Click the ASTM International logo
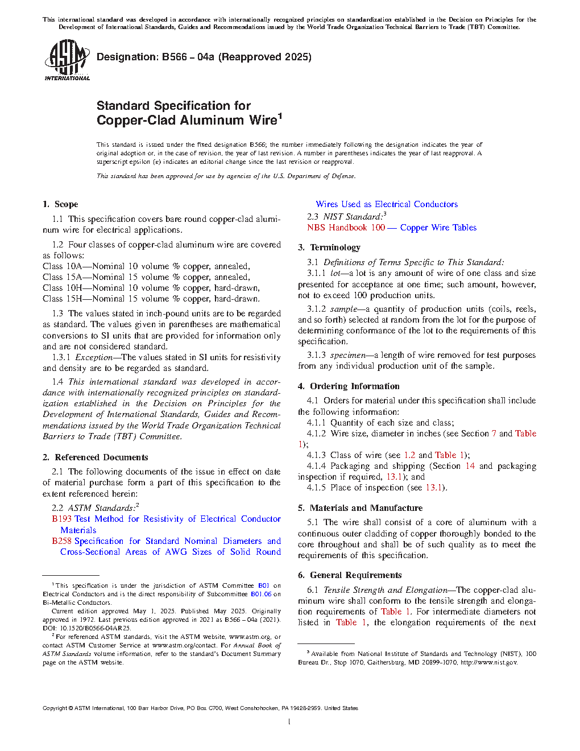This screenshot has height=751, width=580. (x=67, y=60)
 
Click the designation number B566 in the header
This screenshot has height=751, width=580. (x=174, y=57)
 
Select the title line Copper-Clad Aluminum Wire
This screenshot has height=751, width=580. (x=187, y=120)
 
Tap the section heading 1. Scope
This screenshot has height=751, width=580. (x=60, y=204)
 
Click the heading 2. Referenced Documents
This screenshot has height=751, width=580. (x=95, y=457)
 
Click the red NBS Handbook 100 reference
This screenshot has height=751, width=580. (x=346, y=228)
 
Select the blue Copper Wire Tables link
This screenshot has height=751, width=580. (x=438, y=228)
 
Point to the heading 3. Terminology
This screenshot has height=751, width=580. (x=329, y=247)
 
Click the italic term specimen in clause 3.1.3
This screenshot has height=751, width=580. (x=347, y=355)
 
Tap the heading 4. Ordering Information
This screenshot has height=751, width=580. (x=349, y=386)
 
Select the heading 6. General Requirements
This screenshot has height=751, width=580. (x=350, y=575)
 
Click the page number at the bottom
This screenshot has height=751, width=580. (x=289, y=722)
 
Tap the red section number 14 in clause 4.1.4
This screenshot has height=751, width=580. (x=470, y=466)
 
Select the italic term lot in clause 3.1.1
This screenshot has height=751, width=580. (x=335, y=273)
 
